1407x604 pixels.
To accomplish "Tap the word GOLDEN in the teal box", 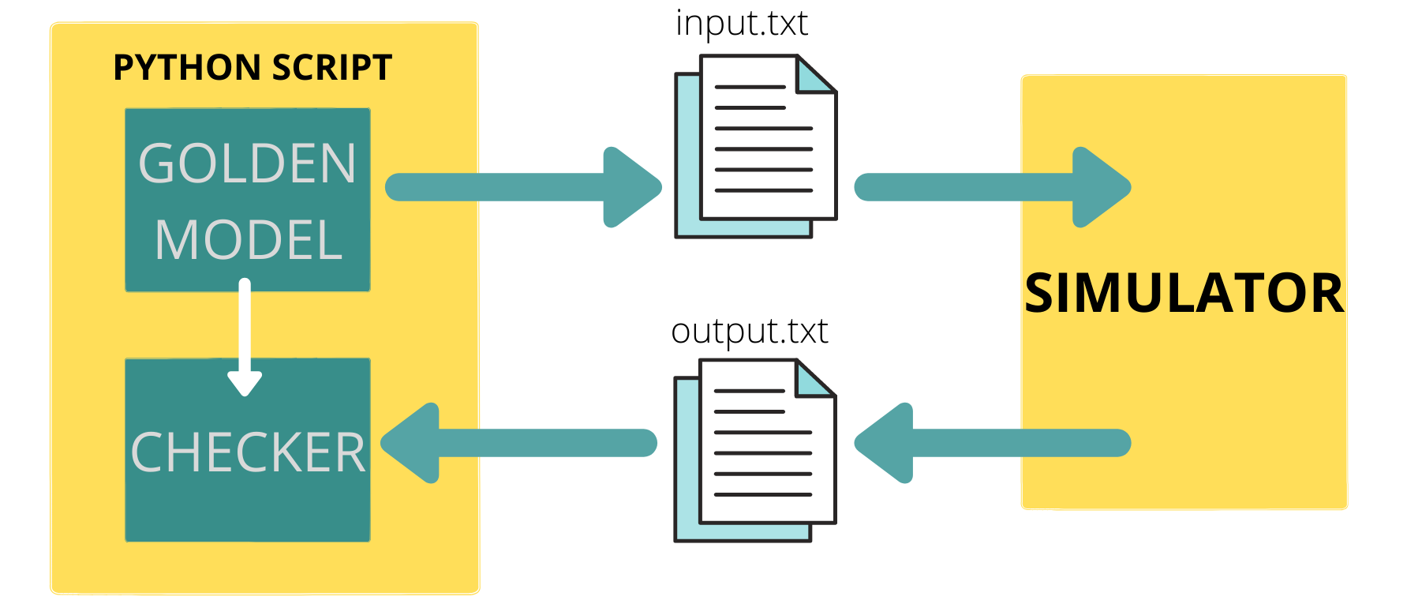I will (x=247, y=163).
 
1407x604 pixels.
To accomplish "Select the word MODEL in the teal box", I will (x=249, y=240).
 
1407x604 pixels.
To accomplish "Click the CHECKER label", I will (x=248, y=452).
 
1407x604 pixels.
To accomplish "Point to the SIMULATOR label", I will (x=1184, y=294).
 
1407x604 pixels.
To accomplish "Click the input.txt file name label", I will (x=741, y=24).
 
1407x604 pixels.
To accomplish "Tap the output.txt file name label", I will (x=749, y=331).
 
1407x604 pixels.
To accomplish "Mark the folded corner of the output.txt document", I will (x=815, y=380).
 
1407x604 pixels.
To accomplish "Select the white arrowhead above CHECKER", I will (x=245, y=382).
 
